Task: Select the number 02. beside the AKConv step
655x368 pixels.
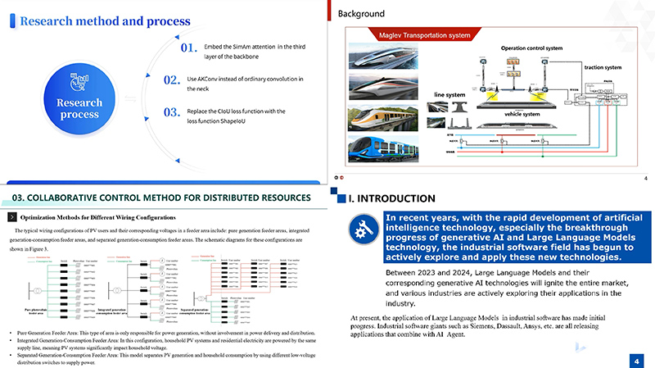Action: click(172, 80)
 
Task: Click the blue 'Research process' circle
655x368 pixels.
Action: click(79, 102)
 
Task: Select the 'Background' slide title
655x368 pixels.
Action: click(361, 13)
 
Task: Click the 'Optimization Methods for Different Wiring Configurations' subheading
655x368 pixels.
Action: click(97, 217)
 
